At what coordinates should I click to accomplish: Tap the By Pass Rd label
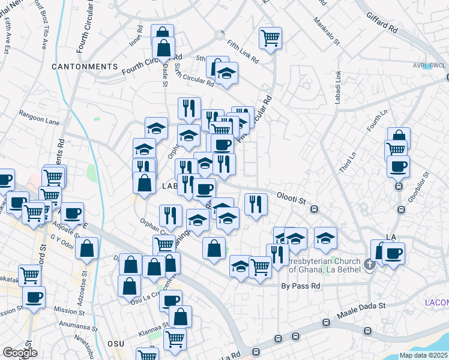(301, 286)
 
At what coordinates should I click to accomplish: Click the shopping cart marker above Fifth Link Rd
(271, 38)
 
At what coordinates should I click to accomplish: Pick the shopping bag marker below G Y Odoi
(87, 247)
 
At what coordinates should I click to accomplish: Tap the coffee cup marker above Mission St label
(34, 296)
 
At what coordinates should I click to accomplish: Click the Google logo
(20, 353)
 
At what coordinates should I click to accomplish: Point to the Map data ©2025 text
(423, 355)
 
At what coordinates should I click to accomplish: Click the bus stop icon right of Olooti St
(314, 209)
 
